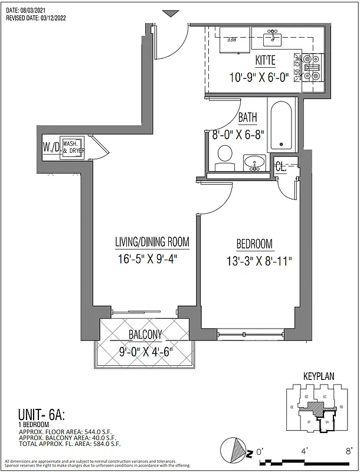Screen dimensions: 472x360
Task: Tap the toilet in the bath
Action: coord(225,156)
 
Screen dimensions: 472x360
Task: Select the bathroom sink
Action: coord(255,163)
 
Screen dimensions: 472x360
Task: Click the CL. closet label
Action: coord(281,167)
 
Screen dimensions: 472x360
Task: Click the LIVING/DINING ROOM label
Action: coord(152,241)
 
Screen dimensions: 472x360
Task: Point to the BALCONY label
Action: coord(145,336)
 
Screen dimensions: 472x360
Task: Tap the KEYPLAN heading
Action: coord(319,376)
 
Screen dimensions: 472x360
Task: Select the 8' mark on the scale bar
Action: coord(349,450)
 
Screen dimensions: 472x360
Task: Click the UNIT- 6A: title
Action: coord(33,414)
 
